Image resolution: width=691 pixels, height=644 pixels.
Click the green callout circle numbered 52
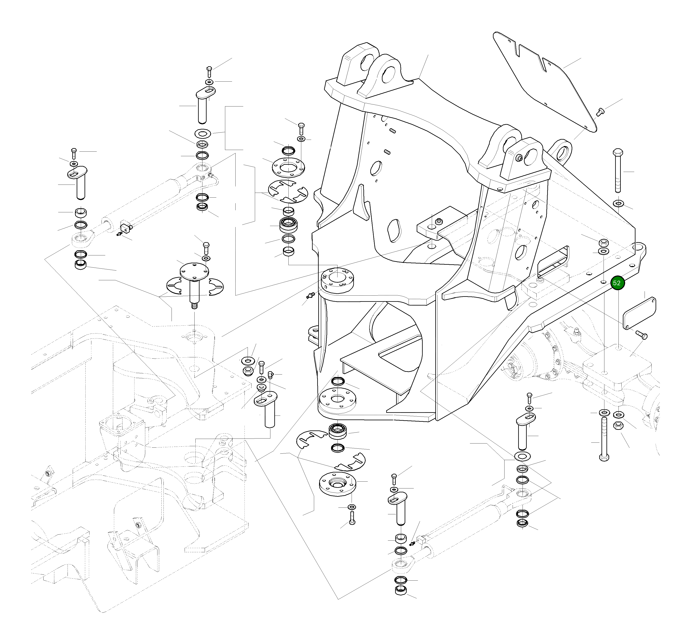pos(617,283)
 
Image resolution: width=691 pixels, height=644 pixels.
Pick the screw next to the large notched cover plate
pos(600,112)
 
